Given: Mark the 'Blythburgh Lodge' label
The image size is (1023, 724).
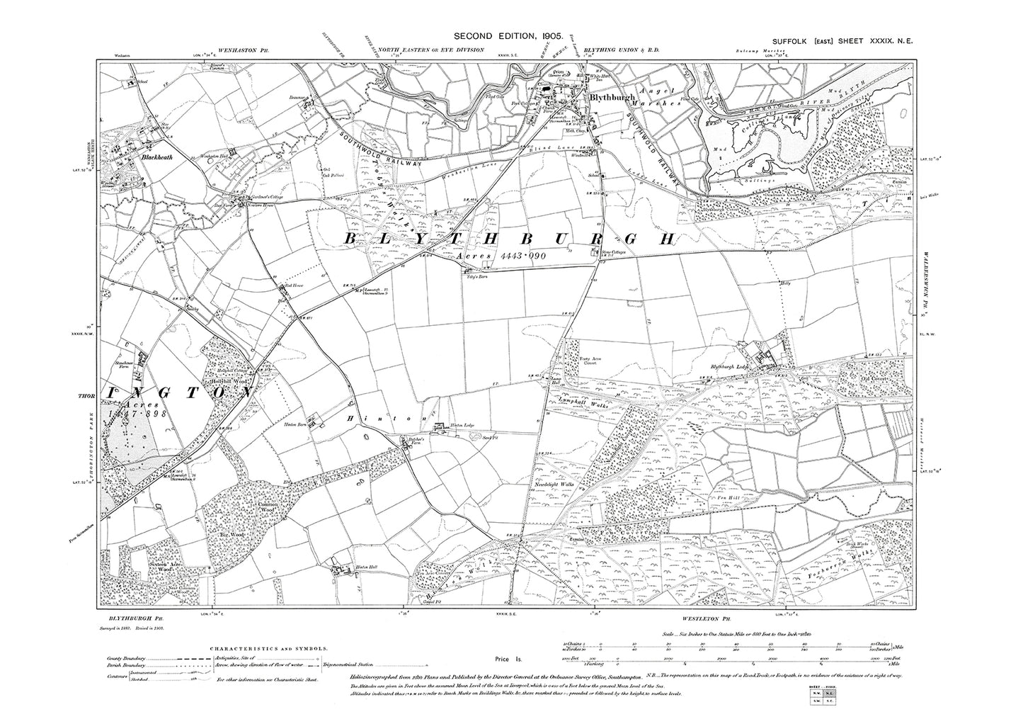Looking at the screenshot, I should point(731,366).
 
